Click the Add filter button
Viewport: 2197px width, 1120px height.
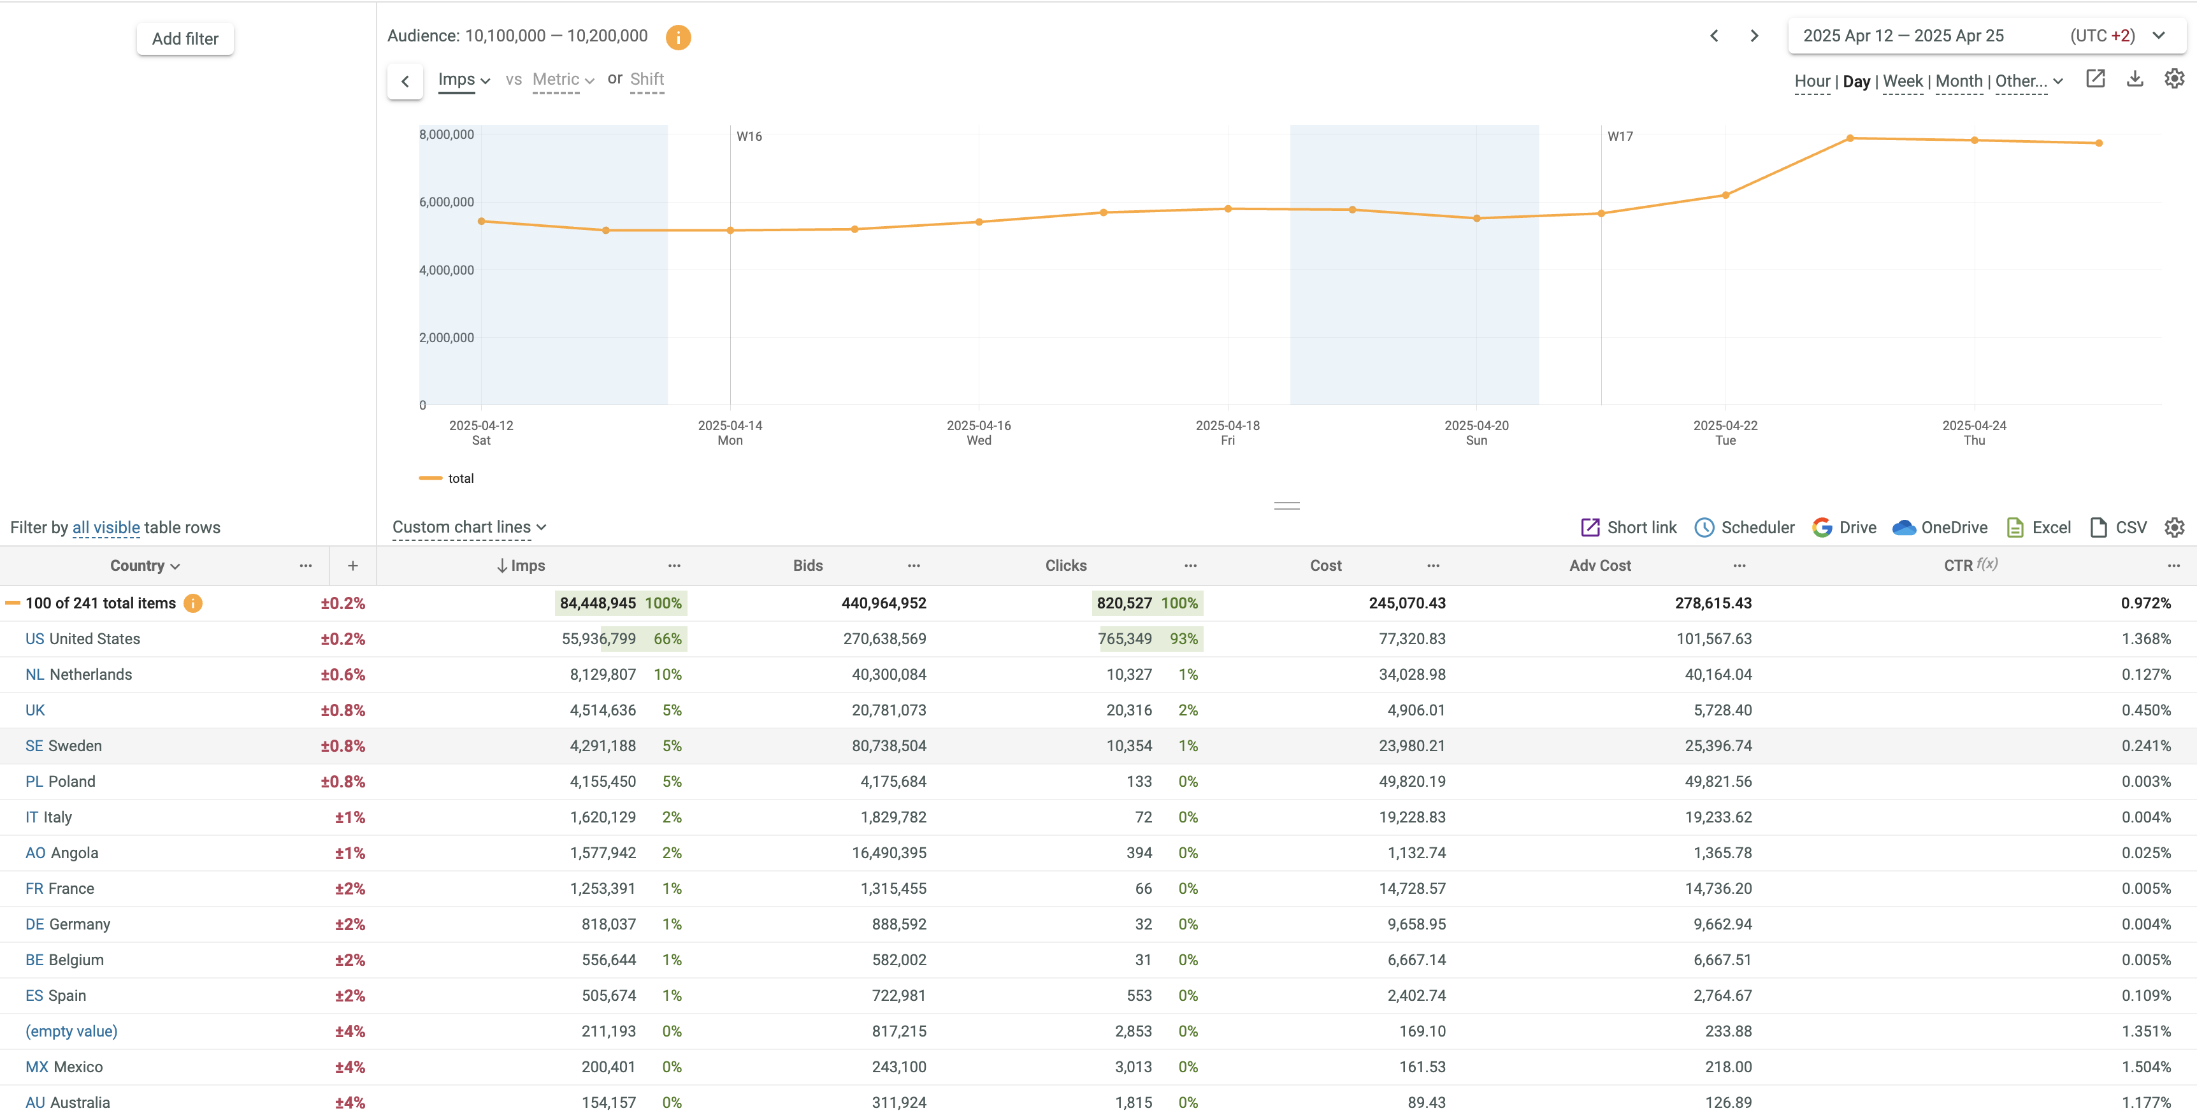tap(185, 38)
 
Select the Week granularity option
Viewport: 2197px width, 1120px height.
tap(1902, 81)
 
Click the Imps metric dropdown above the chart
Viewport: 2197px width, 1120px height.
tap(463, 80)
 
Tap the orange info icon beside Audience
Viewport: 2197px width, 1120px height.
tap(677, 37)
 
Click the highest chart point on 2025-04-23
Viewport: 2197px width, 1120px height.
tap(1849, 138)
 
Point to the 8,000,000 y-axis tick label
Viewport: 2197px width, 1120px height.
tap(446, 134)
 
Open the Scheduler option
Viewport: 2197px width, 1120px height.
tap(1745, 527)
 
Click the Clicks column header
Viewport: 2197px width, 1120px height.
tap(1065, 566)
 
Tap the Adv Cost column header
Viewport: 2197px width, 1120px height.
tap(1599, 566)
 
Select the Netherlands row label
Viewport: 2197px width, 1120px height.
tap(90, 675)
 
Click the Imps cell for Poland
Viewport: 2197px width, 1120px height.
tap(602, 781)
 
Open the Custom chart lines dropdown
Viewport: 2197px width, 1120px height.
tap(468, 527)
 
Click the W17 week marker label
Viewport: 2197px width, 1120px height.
tap(1620, 136)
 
